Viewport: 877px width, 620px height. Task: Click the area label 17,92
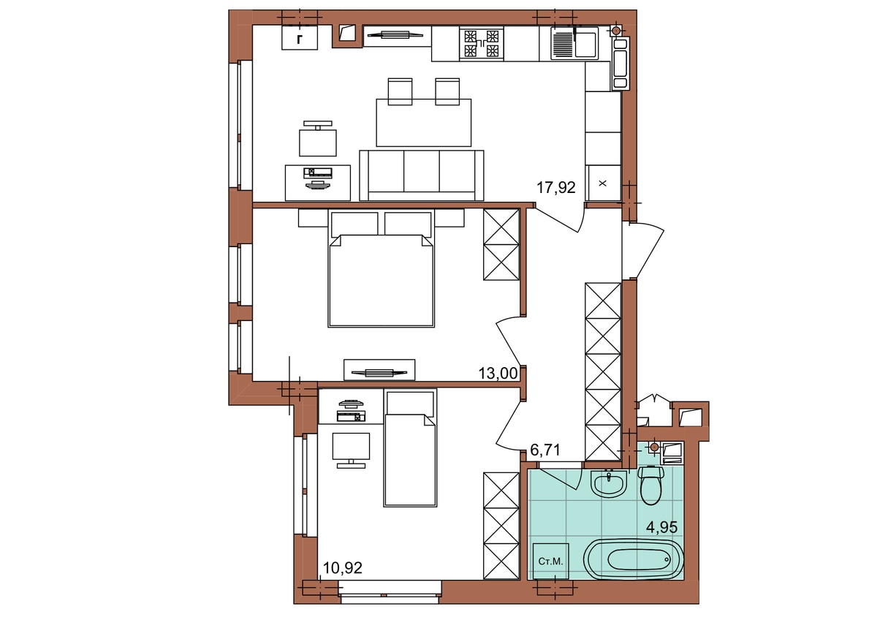(555, 188)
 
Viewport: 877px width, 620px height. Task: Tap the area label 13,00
(498, 374)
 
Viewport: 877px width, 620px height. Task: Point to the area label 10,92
(343, 568)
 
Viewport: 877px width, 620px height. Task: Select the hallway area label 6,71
(545, 450)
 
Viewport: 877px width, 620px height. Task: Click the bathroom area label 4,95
(661, 528)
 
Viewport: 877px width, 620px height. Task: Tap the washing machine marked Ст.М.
(550, 562)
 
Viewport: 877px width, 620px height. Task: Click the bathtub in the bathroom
(633, 559)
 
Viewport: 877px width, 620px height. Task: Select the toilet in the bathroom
(651, 485)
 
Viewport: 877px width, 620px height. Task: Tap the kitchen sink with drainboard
(574, 43)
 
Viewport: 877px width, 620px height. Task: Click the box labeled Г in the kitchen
(300, 37)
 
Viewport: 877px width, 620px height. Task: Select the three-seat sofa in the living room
(422, 175)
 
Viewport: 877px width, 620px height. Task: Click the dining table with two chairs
(424, 113)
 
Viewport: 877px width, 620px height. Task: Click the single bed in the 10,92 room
(410, 448)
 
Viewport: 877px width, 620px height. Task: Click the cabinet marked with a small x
(603, 184)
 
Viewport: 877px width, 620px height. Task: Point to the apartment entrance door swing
(644, 251)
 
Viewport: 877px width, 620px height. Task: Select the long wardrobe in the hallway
(603, 371)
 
